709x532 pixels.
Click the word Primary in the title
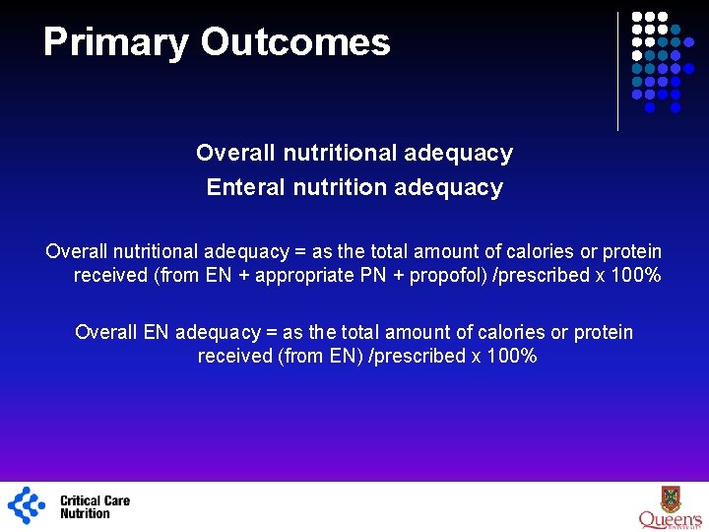116,42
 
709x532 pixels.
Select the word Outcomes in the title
295,42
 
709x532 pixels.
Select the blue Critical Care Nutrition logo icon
27,505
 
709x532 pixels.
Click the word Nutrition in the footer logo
86,513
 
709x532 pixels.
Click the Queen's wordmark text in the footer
670,519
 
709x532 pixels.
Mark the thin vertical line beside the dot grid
617,71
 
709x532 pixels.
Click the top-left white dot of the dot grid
637,18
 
